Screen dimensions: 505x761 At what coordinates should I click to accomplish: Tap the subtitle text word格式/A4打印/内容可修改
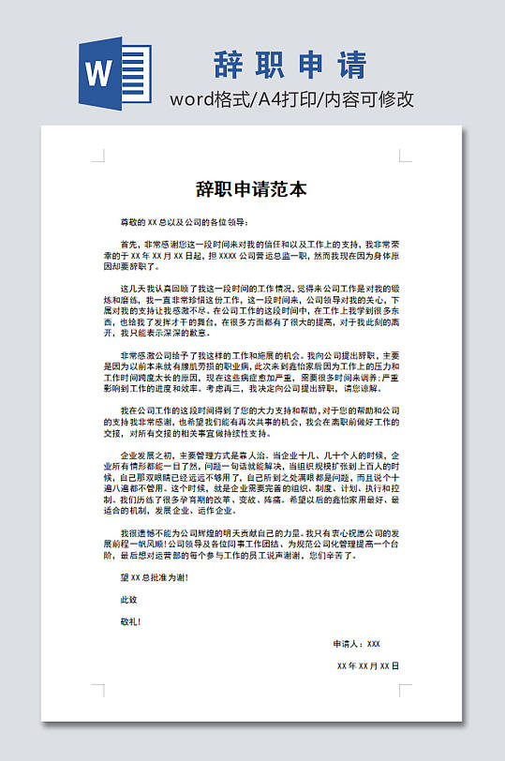pos(291,99)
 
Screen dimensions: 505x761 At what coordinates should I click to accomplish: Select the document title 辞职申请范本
pos(251,189)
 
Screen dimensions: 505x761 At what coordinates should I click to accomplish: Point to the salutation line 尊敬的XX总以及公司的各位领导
pos(183,222)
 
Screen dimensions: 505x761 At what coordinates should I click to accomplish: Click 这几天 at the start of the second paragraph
pos(131,287)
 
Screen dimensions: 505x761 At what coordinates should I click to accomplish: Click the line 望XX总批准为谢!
pos(153,577)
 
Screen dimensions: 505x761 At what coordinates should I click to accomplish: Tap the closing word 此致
pos(128,599)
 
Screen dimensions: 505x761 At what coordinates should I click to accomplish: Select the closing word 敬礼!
pos(130,620)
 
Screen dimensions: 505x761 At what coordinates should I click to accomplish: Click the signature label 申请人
pos(346,644)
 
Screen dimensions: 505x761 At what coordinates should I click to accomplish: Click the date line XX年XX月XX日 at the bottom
pos(367,665)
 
